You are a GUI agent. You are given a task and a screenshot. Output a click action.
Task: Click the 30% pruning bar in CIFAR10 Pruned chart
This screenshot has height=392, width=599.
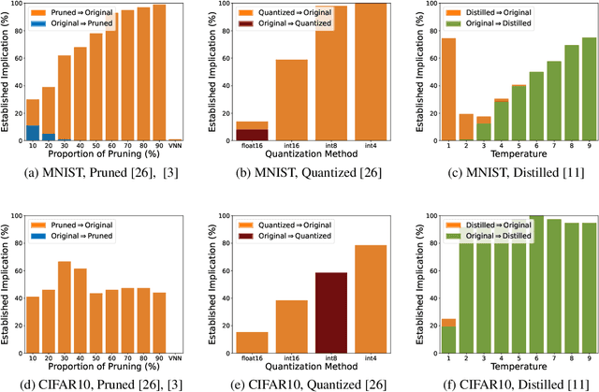point(65,309)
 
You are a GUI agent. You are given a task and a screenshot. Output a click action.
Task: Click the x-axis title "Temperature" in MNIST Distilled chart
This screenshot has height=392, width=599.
point(505,158)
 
